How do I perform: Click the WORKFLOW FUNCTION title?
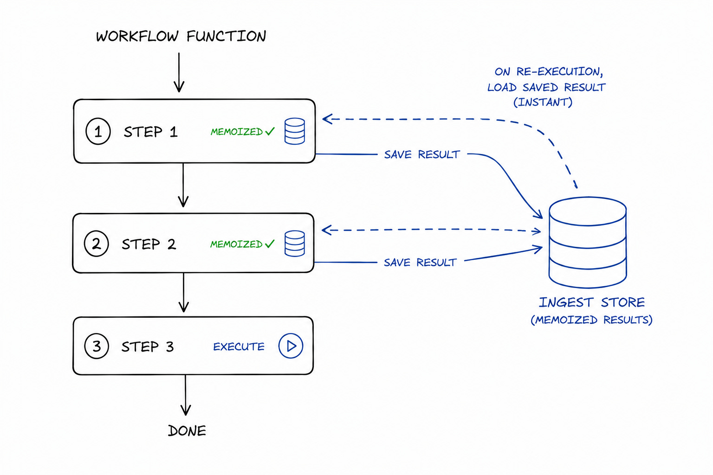(181, 36)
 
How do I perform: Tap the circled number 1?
(98, 131)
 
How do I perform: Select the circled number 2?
(97, 244)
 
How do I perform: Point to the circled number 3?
(97, 346)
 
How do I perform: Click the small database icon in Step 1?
(294, 131)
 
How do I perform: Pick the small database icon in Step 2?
(294, 244)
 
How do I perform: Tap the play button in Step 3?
(291, 346)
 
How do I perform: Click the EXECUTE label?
(239, 347)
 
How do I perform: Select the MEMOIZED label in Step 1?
(237, 132)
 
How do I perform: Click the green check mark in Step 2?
(270, 244)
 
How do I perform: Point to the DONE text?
(187, 431)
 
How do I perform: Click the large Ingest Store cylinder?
(588, 243)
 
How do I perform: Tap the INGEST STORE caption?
(592, 302)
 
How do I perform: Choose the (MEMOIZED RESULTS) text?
(591, 320)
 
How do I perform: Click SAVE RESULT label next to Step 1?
(422, 154)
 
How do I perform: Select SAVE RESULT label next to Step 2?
(420, 263)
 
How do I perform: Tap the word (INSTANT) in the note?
(543, 103)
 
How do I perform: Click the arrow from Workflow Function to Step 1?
(179, 72)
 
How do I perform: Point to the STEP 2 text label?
(149, 244)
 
